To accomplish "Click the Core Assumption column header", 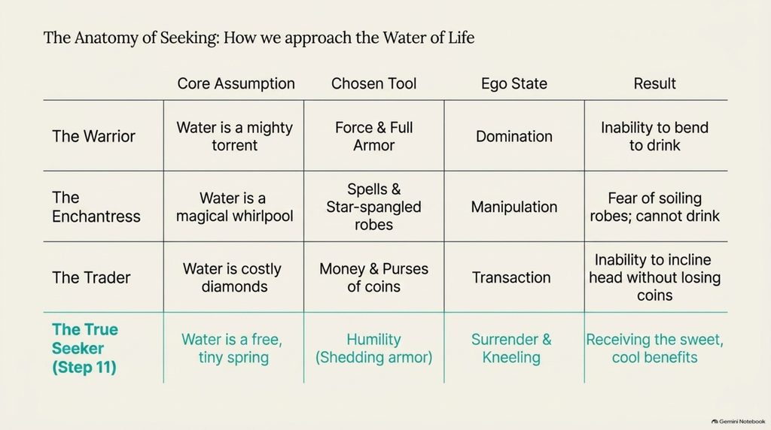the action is pyautogui.click(x=236, y=83).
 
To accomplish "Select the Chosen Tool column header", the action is pyautogui.click(x=373, y=83).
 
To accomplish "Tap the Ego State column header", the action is pyautogui.click(x=513, y=84).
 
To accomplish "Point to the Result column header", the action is pyautogui.click(x=654, y=83).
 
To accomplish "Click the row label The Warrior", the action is pyautogui.click(x=93, y=136).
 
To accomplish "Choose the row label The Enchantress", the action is pyautogui.click(x=96, y=207).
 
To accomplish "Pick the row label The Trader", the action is pyautogui.click(x=91, y=277).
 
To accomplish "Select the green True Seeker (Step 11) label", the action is pyautogui.click(x=85, y=348).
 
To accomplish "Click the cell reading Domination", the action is pyautogui.click(x=513, y=136).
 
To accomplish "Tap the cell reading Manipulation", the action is pyautogui.click(x=513, y=207).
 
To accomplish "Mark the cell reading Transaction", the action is pyautogui.click(x=511, y=277).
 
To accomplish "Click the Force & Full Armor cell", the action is pyautogui.click(x=373, y=136).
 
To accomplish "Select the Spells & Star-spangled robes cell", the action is pyautogui.click(x=373, y=207).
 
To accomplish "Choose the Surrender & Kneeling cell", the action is pyautogui.click(x=511, y=348).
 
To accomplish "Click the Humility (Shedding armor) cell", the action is pyautogui.click(x=373, y=348).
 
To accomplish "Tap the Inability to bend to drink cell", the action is pyautogui.click(x=654, y=136).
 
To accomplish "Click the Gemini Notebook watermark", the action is pyautogui.click(x=739, y=421).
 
